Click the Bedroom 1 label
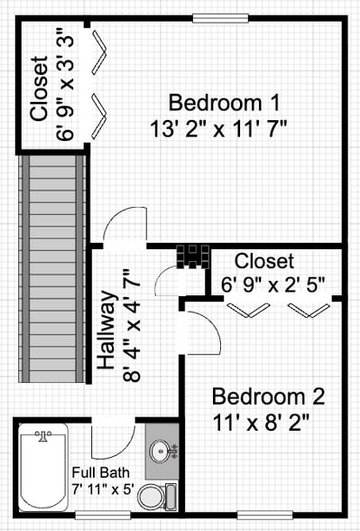coord(224,101)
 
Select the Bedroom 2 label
coord(268,396)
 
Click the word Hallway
coord(106,332)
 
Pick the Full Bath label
coord(101,472)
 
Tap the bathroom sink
coord(162,449)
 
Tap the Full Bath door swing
coord(113,437)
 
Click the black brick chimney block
coord(193,256)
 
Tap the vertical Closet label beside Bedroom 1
coord(39,88)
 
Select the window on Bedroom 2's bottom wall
coord(265,516)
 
